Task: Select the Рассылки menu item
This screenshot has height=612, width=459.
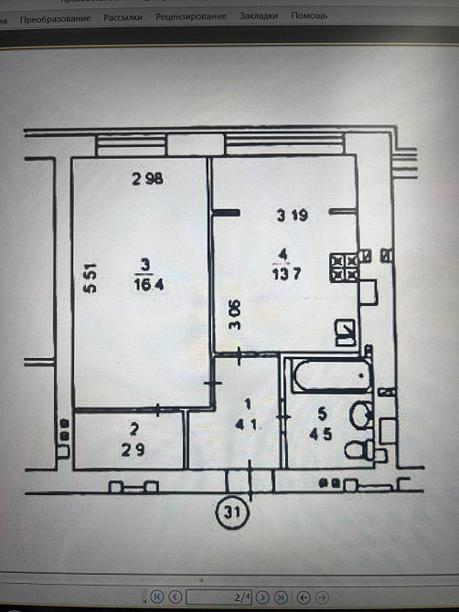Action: click(x=123, y=17)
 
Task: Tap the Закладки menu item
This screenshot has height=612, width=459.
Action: click(x=259, y=16)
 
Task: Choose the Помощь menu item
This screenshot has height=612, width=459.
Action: click(x=309, y=16)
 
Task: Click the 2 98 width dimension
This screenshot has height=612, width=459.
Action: click(x=146, y=179)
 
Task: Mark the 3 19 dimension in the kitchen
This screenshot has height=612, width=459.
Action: click(x=292, y=216)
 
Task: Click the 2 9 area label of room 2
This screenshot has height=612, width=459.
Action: click(x=133, y=449)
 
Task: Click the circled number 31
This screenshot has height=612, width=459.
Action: click(x=230, y=515)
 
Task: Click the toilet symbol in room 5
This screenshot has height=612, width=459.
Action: click(x=364, y=449)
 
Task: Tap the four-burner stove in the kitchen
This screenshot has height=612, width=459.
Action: click(x=344, y=267)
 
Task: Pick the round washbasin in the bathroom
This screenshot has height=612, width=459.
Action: click(x=362, y=416)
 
